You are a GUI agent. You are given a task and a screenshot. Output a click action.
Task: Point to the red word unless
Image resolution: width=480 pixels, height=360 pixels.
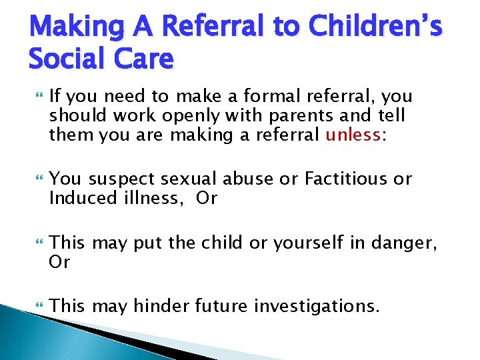351,136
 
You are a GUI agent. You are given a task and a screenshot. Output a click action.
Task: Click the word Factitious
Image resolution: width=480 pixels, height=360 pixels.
346,179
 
